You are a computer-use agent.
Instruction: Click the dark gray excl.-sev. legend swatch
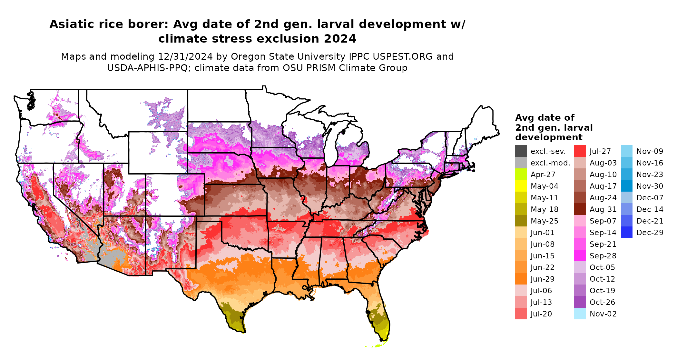click(x=521, y=151)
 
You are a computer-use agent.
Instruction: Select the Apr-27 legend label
click(x=543, y=175)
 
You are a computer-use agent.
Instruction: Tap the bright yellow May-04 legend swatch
click(x=521, y=186)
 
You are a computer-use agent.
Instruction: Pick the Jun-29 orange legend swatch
click(x=521, y=279)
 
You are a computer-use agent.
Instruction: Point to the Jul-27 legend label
click(x=600, y=151)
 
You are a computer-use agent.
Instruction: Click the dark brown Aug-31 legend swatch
click(x=580, y=209)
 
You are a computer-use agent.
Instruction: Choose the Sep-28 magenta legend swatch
click(x=580, y=256)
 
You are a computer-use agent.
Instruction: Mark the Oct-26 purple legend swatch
click(x=580, y=302)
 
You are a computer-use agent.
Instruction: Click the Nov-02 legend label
click(x=603, y=314)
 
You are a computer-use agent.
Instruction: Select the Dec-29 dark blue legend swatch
click(x=626, y=233)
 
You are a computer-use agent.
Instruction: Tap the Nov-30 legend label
click(x=650, y=186)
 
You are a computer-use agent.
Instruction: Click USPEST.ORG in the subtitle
click(x=403, y=56)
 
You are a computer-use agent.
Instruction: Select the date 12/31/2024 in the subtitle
click(x=185, y=56)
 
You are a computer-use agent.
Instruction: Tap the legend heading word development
click(x=549, y=137)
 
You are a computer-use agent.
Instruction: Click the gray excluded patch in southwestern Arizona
click(x=111, y=258)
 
